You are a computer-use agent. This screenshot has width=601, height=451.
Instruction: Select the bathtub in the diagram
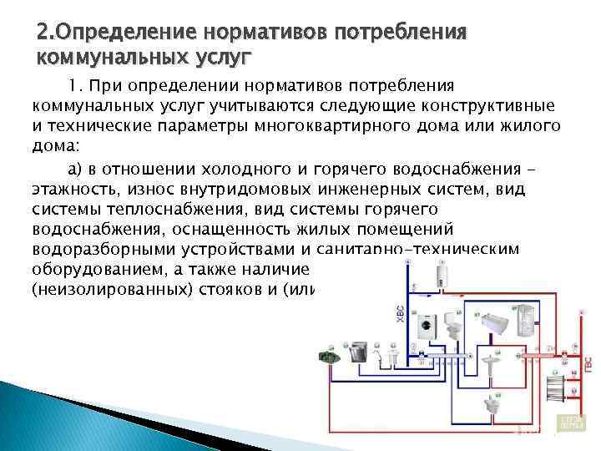(x=499, y=322)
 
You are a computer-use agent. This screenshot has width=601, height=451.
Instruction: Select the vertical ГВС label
(x=589, y=363)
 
